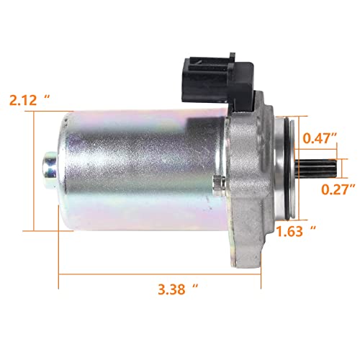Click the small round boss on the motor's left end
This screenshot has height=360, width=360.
[49, 170]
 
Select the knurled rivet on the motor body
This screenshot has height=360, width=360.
[215, 188]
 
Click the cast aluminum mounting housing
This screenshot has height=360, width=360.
[256, 173]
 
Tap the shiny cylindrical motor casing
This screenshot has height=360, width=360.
[137, 169]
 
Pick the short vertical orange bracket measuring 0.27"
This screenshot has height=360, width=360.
[345, 168]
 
